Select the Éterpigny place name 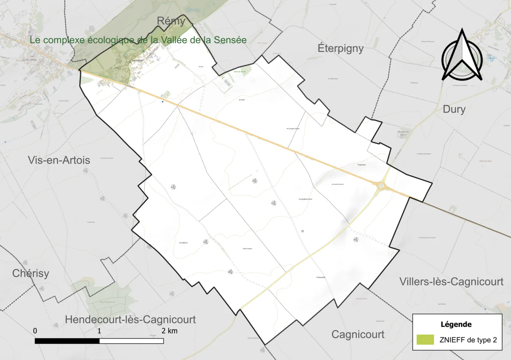click(341, 48)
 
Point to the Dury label click(454, 109)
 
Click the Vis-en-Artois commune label click(59, 160)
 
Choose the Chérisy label click(31, 273)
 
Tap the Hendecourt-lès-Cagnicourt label click(130, 320)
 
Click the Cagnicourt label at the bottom click(358, 334)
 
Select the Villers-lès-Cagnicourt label click(451, 282)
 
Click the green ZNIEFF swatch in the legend click(425, 340)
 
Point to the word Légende click(456, 324)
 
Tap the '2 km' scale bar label click(169, 331)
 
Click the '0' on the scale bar click(35, 331)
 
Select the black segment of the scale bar click(67, 341)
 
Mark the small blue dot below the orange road click(162, 102)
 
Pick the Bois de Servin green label click(240, 71)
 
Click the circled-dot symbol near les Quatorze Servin click(303, 231)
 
